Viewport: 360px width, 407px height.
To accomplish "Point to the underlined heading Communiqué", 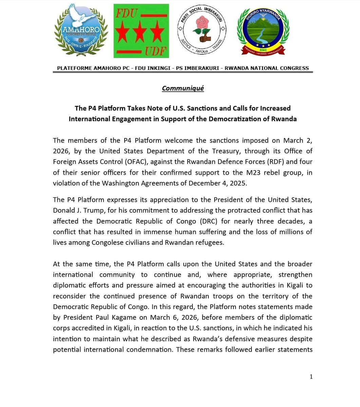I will (x=183, y=88).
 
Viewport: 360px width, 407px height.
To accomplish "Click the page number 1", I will (x=311, y=376).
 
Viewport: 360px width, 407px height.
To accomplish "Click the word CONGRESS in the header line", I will (x=294, y=68).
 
